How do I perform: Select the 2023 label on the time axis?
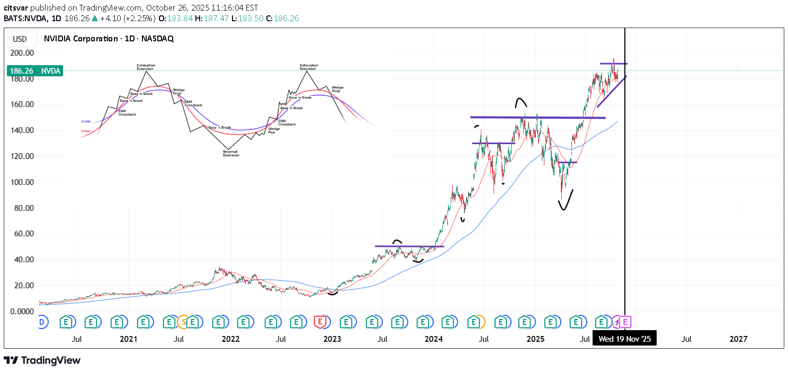pos(332,339)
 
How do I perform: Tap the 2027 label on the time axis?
pos(738,339)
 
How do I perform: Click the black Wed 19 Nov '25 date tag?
pos(624,339)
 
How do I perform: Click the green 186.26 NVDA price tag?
pos(35,71)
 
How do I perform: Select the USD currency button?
pos(20,39)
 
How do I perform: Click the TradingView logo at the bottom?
pos(42,360)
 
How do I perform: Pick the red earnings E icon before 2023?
pos(319,321)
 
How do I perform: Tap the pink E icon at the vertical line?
pos(625,321)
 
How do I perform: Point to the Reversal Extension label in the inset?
pos(231,154)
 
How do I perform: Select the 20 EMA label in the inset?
pos(85,121)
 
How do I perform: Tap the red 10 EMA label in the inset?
pos(85,131)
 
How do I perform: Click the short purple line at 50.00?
pos(409,246)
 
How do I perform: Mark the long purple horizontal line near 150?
pos(538,117)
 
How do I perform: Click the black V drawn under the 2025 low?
pos(566,200)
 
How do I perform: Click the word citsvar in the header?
pos(16,8)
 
